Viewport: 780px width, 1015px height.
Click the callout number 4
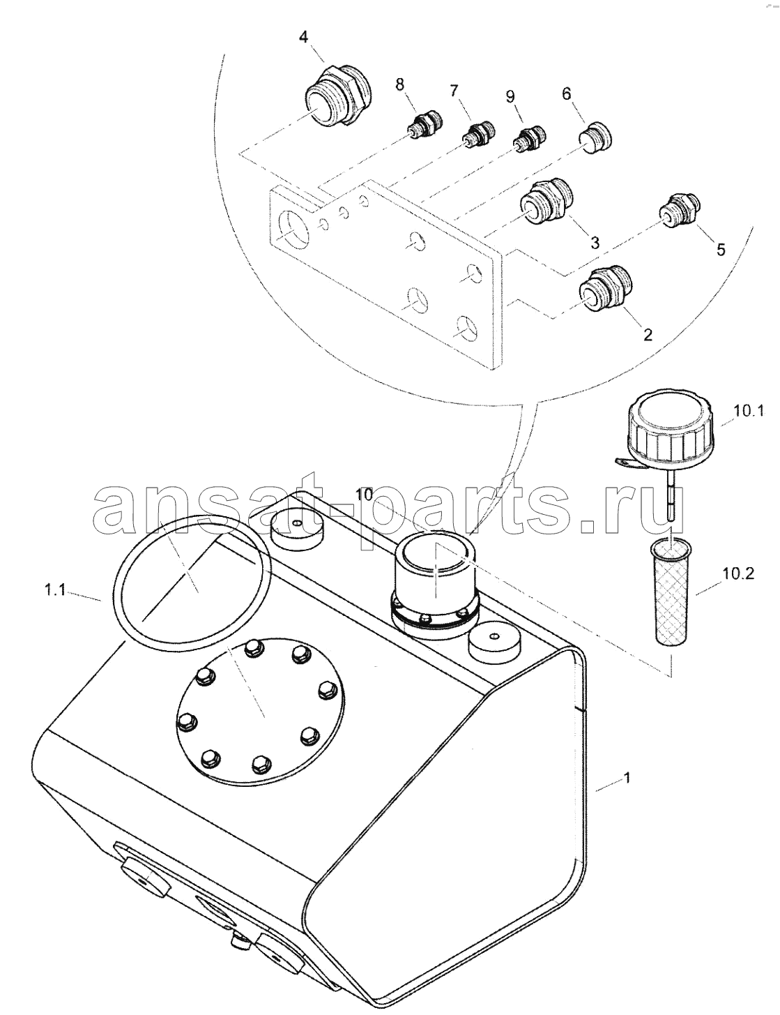(303, 36)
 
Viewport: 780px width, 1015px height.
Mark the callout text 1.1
(55, 591)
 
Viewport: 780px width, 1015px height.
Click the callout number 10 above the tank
(366, 495)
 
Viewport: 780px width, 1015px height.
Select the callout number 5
(721, 250)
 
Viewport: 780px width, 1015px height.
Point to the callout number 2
(648, 334)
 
